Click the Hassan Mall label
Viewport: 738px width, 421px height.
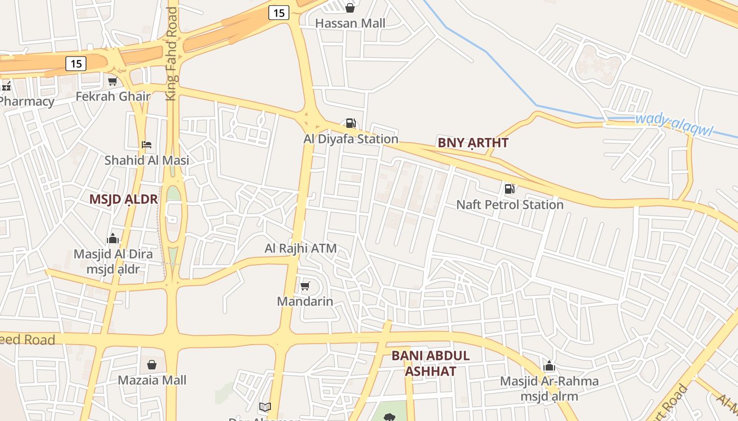pyautogui.click(x=350, y=23)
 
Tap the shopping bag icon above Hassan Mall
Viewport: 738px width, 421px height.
pyautogui.click(x=349, y=7)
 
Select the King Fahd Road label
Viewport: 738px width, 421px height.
pyautogui.click(x=172, y=54)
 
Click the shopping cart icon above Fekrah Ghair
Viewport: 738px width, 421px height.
pyautogui.click(x=112, y=81)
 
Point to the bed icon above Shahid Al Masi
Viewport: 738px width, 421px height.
pyautogui.click(x=147, y=144)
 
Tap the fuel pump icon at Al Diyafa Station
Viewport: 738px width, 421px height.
pyautogui.click(x=351, y=123)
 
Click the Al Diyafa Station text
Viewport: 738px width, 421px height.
pyautogui.click(x=351, y=139)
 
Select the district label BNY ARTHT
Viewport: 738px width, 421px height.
pyautogui.click(x=473, y=143)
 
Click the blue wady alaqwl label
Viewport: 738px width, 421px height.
pyautogui.click(x=674, y=124)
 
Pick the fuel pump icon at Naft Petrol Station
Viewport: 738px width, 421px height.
pyautogui.click(x=509, y=188)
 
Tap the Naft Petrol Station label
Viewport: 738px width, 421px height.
pyautogui.click(x=510, y=205)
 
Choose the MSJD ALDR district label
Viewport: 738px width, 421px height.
pyautogui.click(x=123, y=199)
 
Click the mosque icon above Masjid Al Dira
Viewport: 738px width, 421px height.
pyautogui.click(x=113, y=239)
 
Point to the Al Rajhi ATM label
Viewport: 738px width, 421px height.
pyautogui.click(x=300, y=248)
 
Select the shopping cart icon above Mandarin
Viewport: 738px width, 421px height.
pyautogui.click(x=305, y=286)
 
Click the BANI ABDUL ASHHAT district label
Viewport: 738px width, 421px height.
pyautogui.click(x=430, y=363)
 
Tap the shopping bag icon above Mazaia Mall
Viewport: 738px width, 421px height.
pyautogui.click(x=152, y=364)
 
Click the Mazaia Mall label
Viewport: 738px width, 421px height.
pyautogui.click(x=152, y=380)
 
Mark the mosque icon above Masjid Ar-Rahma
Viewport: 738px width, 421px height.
pyautogui.click(x=549, y=365)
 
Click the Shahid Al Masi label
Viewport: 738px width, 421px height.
pyautogui.click(x=147, y=160)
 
